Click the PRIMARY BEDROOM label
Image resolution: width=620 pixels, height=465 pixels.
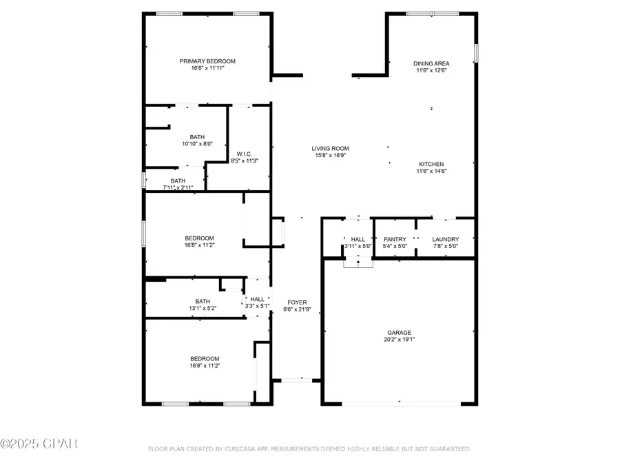click(207, 61)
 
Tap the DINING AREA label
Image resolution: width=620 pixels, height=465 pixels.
click(431, 63)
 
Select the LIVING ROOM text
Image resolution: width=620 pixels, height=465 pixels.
click(330, 148)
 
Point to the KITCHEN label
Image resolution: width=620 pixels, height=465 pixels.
click(432, 163)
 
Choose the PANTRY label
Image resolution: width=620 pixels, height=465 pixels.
click(395, 239)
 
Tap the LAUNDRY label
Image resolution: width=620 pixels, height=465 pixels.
click(445, 239)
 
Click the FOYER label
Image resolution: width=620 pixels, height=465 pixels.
click(297, 302)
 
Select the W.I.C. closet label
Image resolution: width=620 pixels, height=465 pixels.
click(244, 154)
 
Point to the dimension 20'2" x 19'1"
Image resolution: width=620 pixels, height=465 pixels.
click(399, 339)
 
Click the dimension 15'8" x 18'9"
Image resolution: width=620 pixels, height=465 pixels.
click(330, 156)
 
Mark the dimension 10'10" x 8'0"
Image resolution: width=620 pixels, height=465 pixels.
click(197, 144)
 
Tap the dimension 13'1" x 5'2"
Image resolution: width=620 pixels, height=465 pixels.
click(202, 308)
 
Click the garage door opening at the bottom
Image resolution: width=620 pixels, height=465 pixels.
click(400, 404)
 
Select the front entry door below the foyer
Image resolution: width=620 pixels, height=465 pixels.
click(296, 380)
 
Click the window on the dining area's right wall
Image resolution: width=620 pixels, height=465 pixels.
click(475, 53)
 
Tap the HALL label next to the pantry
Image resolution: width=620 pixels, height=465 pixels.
click(358, 239)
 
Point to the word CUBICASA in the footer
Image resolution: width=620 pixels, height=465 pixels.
click(243, 449)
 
